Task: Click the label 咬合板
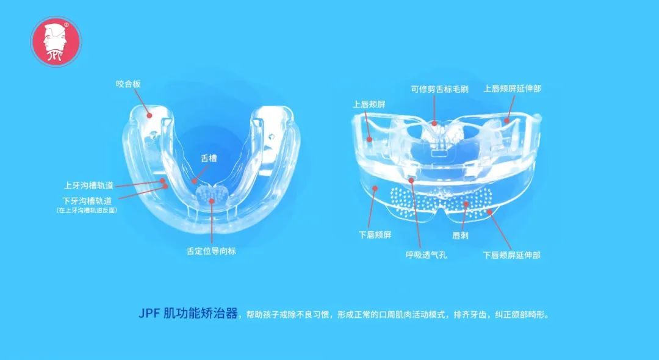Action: (128, 84)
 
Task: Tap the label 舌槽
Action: (209, 157)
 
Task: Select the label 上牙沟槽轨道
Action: (88, 185)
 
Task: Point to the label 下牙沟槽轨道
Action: (88, 200)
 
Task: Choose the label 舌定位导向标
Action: (211, 251)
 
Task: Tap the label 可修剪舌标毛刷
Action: (439, 88)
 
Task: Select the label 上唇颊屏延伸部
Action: (512, 88)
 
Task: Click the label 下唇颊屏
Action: (375, 234)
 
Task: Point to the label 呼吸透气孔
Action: (426, 254)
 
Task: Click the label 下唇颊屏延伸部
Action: (511, 254)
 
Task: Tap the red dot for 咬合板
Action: (148, 113)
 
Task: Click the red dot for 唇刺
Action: (466, 204)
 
